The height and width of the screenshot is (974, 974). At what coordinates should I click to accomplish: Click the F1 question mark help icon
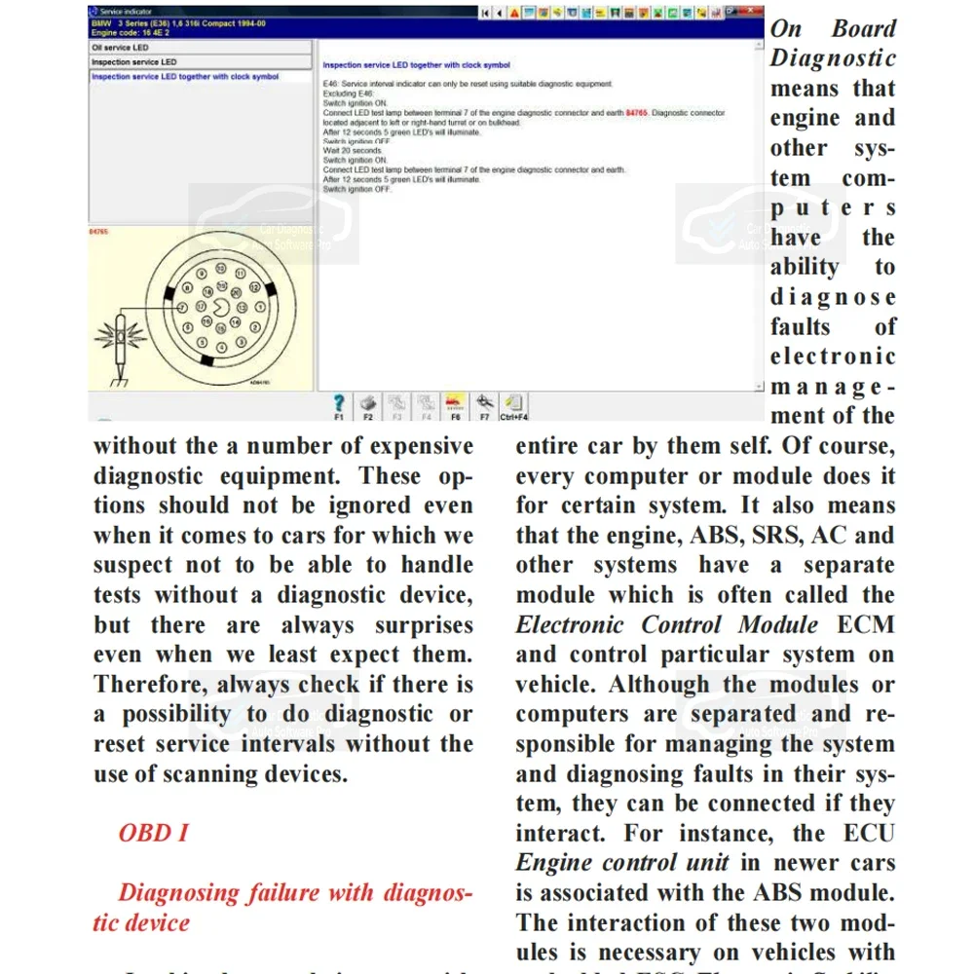(338, 402)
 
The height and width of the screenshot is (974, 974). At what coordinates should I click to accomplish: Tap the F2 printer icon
(368, 402)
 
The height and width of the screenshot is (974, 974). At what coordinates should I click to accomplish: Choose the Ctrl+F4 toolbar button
(514, 403)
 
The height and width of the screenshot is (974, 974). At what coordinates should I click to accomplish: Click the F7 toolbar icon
(484, 402)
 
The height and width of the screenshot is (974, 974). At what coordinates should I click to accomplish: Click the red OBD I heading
(153, 833)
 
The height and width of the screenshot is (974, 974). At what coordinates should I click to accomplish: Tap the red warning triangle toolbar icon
(515, 12)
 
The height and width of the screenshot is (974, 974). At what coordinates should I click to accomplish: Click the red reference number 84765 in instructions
(637, 113)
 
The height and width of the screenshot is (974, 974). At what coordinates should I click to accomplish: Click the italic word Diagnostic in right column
(833, 58)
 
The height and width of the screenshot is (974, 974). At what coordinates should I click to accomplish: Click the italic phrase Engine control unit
(624, 863)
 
